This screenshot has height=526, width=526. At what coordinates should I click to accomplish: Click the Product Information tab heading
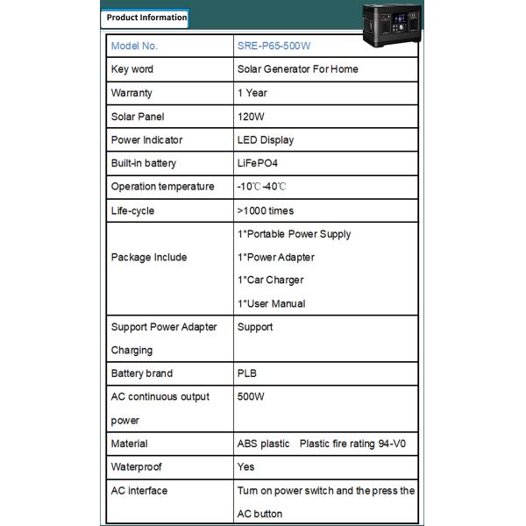146,18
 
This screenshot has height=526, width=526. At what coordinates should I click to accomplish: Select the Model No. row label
134,46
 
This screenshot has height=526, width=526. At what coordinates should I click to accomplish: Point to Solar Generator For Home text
297,69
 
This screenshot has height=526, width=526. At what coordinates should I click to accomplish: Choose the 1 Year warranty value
252,93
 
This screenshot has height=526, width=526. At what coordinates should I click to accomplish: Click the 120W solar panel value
251,117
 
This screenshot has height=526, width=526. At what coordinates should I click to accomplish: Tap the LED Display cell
266,140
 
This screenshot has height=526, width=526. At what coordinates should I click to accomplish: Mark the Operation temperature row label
162,187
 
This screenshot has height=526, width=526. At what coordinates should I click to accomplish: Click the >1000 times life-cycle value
266,210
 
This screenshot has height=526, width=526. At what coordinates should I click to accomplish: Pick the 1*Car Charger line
271,281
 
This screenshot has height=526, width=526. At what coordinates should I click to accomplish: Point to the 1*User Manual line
272,304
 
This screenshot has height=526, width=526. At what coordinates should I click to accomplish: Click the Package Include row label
149,258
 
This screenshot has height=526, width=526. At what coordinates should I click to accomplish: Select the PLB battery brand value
247,373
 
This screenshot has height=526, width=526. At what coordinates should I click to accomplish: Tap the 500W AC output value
251,397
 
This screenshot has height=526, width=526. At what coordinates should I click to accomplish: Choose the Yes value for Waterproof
245,467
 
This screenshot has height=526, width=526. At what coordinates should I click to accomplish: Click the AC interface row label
139,491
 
